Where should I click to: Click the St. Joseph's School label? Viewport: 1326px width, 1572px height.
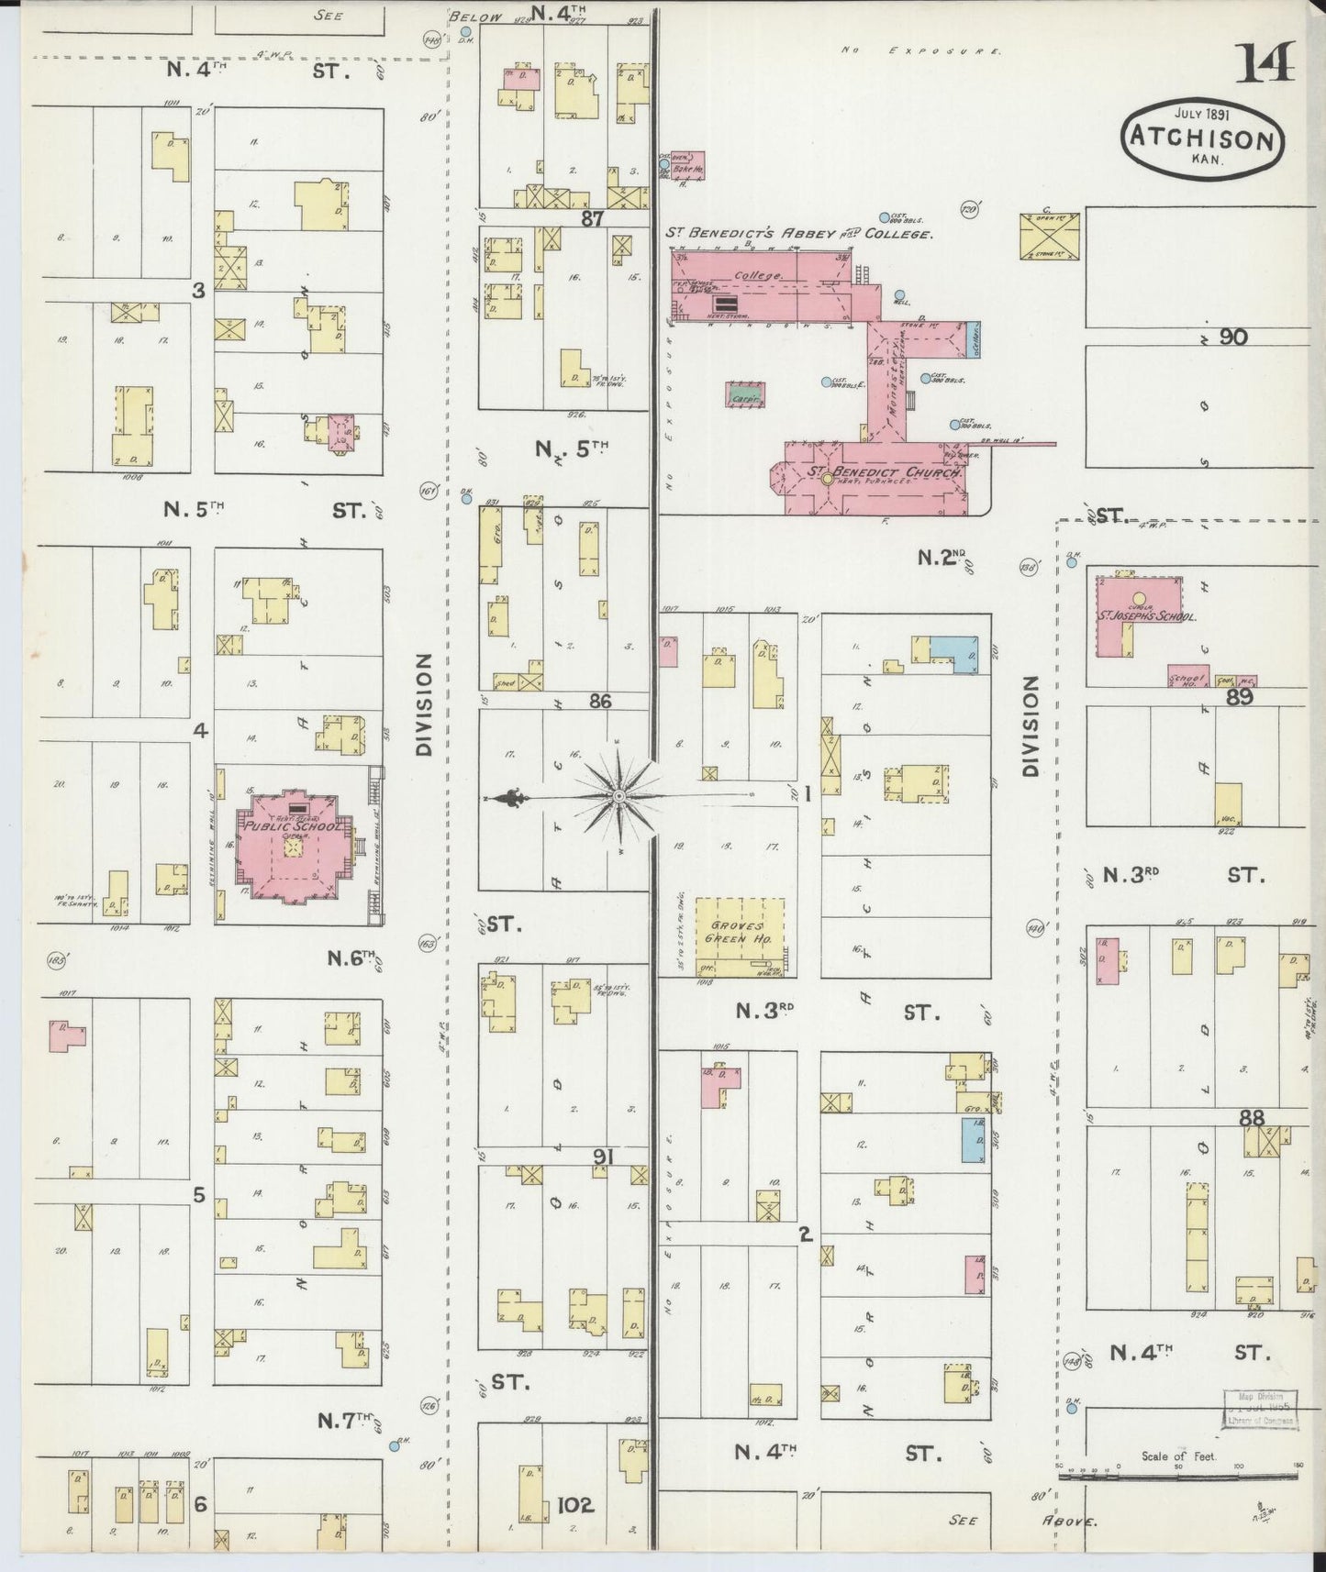click(x=1147, y=616)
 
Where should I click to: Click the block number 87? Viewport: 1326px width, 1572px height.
click(x=591, y=219)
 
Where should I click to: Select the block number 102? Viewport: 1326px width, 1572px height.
click(x=575, y=1505)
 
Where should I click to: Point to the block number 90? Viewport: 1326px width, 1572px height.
click(x=1233, y=337)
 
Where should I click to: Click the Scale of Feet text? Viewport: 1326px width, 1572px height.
click(x=1177, y=1456)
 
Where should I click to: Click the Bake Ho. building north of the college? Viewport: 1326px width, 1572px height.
click(x=687, y=165)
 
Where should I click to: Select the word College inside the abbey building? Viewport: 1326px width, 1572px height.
click(x=757, y=275)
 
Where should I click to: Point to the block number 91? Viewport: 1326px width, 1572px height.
click(x=601, y=1157)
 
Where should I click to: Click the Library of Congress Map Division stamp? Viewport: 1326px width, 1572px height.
click(x=1257, y=1409)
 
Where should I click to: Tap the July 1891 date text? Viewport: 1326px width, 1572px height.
click(x=1203, y=115)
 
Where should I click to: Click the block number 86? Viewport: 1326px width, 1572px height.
click(x=599, y=701)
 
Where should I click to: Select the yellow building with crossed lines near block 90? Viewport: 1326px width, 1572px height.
click(x=1050, y=235)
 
